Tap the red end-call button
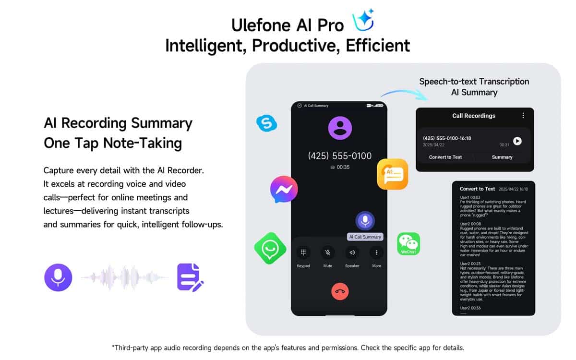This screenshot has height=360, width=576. point(340,291)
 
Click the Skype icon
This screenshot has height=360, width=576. point(267,123)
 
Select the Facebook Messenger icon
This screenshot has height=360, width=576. point(284,189)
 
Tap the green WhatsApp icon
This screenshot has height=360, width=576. point(270,249)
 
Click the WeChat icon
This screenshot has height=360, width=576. point(408,244)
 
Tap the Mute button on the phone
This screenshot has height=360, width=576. point(327,252)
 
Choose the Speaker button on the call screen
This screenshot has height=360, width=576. point(352,252)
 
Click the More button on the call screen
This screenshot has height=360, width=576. point(376,252)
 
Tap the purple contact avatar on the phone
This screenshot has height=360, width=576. point(340,128)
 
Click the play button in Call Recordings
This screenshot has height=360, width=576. point(517,141)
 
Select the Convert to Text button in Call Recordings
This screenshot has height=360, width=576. point(445,157)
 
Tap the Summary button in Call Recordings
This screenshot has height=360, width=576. point(502,157)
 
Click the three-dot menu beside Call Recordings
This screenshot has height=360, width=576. point(523,116)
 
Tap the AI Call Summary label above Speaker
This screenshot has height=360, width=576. point(365,237)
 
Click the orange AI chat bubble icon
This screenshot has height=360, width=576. point(393,174)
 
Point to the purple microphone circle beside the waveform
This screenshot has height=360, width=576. point(58,277)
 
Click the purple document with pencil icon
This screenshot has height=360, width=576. point(190,277)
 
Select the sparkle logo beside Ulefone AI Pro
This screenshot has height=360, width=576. point(363,20)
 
